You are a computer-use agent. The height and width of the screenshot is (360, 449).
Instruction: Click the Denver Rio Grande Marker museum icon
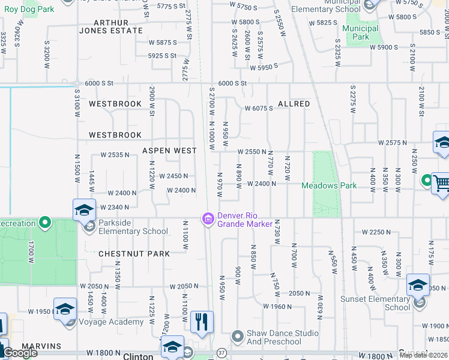click(208, 220)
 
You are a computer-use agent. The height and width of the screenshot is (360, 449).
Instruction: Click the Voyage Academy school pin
click(65, 309)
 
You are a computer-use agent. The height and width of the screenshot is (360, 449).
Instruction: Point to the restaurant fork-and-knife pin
click(202, 322)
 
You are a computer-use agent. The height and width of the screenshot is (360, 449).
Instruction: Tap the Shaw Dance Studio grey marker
click(238, 336)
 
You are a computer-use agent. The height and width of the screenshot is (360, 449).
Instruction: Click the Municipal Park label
click(360, 32)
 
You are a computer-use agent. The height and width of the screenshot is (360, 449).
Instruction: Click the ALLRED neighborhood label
click(294, 104)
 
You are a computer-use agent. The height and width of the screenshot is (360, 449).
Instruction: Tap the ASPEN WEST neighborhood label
click(169, 151)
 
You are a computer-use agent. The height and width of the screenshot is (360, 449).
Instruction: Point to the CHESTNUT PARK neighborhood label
click(134, 254)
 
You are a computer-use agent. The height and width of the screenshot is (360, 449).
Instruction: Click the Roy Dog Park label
click(29, 10)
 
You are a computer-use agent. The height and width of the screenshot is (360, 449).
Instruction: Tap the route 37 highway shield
click(221, 352)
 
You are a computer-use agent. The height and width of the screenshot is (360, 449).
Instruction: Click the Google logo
click(20, 353)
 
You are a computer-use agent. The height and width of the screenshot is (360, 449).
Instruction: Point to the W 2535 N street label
click(115, 155)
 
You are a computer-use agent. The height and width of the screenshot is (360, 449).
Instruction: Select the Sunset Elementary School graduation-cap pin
click(418, 285)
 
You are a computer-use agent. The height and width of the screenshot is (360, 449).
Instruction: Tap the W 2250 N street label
click(377, 232)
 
